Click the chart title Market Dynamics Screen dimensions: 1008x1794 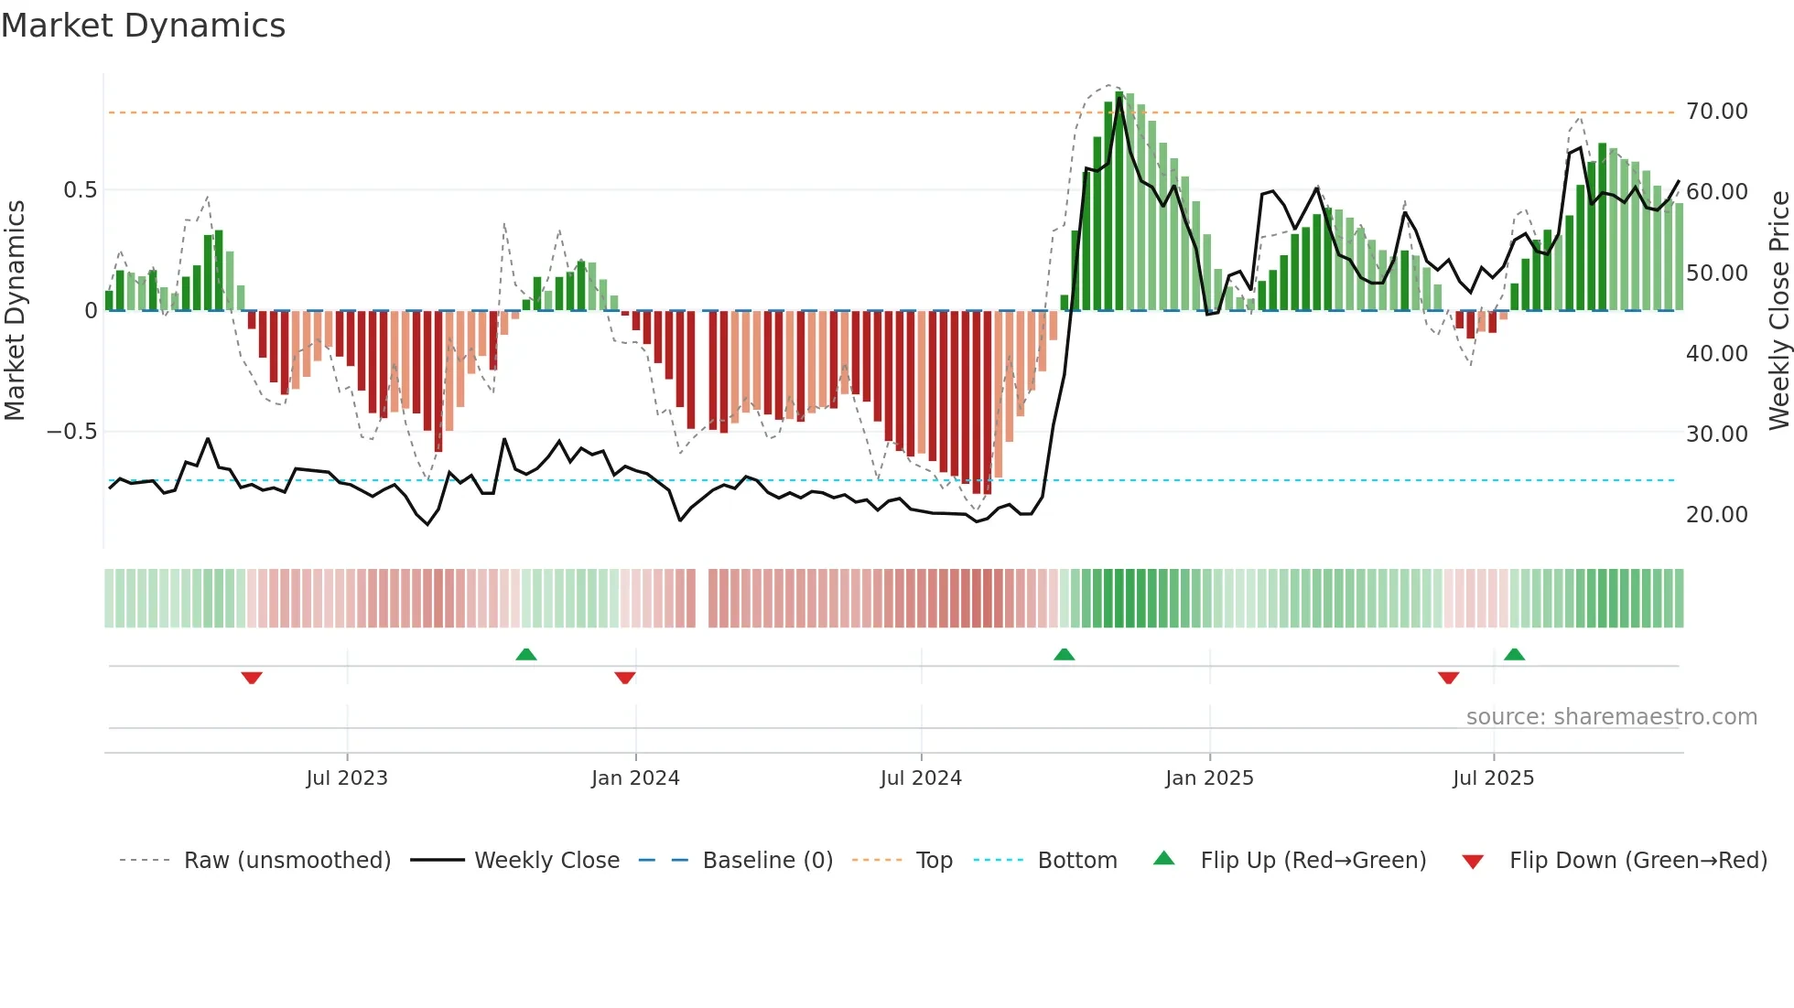pos(143,26)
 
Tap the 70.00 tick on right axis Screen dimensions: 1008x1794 pos(1716,112)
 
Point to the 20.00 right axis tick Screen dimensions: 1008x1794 pos(1716,515)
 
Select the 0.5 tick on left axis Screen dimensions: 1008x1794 pos(80,190)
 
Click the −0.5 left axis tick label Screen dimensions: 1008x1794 pos(72,432)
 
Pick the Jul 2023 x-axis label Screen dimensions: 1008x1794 pos(347,778)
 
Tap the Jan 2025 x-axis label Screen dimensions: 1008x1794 pos(1209,778)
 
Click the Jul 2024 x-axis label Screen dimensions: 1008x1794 pos(921,778)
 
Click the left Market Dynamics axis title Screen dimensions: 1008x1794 pos(15,311)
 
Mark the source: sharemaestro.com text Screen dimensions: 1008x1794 pos(1611,717)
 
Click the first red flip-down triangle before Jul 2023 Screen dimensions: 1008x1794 pos(252,678)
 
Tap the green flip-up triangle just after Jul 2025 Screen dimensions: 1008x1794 pos(1514,654)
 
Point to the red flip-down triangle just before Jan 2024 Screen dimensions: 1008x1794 pos(625,678)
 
